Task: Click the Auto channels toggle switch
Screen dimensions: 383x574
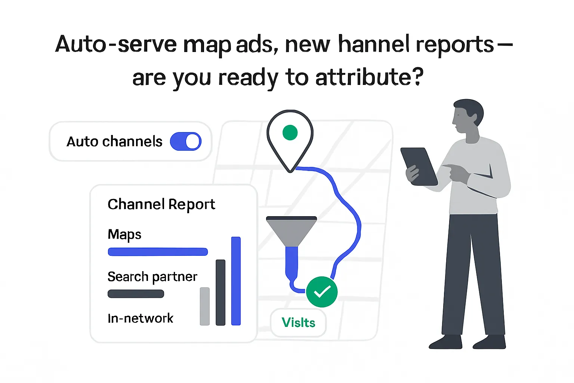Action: (x=186, y=141)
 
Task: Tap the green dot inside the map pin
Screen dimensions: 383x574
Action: (x=290, y=132)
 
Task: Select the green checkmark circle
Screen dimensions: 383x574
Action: (x=322, y=292)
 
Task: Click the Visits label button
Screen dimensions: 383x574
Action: (x=298, y=322)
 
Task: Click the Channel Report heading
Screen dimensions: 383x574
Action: (x=161, y=204)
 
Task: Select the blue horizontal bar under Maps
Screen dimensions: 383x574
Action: (x=158, y=252)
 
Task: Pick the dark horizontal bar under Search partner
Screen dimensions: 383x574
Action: (x=136, y=294)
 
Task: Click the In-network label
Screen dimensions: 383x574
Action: (x=140, y=318)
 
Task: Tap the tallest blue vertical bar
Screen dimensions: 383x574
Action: (x=236, y=281)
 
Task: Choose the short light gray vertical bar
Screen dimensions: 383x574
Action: (x=205, y=306)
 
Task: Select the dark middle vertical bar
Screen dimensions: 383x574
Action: (x=220, y=292)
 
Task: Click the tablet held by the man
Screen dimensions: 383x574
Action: (x=419, y=166)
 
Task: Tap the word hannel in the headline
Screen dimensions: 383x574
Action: (x=374, y=44)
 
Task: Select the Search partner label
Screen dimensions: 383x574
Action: (x=152, y=277)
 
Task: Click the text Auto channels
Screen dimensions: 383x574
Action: (x=114, y=142)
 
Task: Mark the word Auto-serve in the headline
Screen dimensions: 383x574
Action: (x=116, y=44)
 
